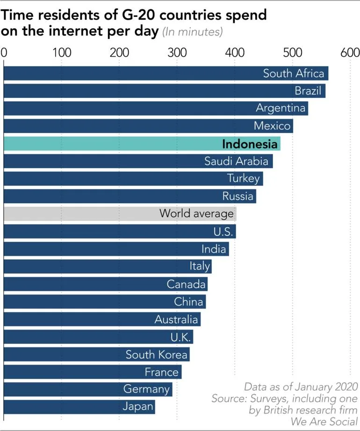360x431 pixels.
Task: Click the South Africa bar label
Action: point(293,73)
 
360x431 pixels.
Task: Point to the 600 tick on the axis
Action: point(350,52)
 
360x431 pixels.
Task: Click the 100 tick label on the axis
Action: point(62,52)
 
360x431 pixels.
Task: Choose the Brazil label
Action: point(308,91)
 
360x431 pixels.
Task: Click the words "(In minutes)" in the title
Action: point(192,32)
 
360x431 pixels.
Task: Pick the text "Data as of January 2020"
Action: point(301,387)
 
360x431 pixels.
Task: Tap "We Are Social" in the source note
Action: point(324,421)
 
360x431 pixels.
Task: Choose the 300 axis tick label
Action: point(177,52)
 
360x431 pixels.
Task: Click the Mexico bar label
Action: point(272,126)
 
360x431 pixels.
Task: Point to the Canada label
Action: point(186,284)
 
